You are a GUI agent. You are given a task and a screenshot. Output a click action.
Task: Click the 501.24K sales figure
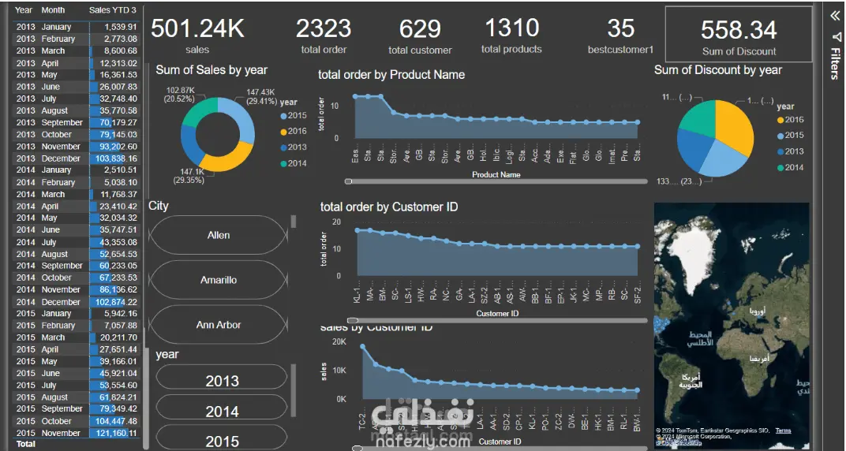[x=197, y=28]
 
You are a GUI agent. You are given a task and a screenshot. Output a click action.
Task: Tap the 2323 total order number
[x=324, y=28]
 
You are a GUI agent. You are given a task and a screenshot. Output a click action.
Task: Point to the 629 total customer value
[x=420, y=29]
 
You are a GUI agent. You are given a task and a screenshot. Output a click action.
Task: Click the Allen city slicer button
[x=219, y=235]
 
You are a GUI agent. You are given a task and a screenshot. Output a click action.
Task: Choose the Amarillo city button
[x=219, y=280]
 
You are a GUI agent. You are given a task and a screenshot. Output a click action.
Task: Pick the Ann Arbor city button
[x=219, y=325]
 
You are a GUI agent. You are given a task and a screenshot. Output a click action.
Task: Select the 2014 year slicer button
[x=222, y=412]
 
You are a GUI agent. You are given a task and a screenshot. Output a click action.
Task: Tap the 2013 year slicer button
[x=222, y=381]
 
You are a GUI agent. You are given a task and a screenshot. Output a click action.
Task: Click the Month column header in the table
[x=53, y=10]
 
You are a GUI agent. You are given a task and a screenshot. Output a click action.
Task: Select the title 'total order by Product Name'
[x=391, y=75]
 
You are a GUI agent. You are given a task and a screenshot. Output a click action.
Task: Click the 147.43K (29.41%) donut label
[x=260, y=96]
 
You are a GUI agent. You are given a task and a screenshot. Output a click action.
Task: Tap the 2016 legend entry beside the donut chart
[x=297, y=132]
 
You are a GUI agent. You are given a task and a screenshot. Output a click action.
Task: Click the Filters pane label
[x=834, y=63]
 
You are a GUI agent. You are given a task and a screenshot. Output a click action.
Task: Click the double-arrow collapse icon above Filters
[x=834, y=15]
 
